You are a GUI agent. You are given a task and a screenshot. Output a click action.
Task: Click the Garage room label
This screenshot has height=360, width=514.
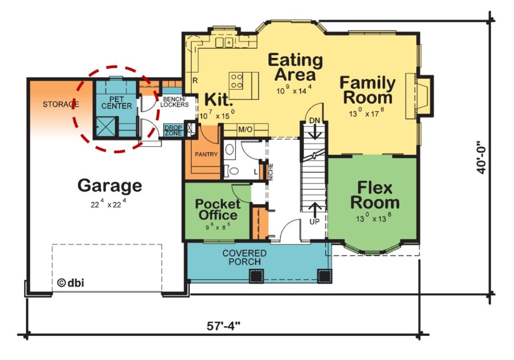[x=109, y=185]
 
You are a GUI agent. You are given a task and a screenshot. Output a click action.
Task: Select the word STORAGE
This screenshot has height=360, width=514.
[x=60, y=104]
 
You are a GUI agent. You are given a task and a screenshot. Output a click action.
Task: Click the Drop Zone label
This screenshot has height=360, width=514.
[x=173, y=130]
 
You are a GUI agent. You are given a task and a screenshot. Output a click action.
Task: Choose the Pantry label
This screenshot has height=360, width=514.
[x=206, y=154]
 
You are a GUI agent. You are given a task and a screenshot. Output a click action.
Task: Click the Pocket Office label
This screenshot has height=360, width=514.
[x=217, y=209]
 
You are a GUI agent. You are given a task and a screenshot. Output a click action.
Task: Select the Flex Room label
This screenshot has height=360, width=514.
[x=375, y=195]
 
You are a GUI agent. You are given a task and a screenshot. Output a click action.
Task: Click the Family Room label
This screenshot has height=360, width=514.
[x=367, y=90]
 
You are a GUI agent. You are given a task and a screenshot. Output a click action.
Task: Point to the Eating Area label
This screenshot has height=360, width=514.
[x=295, y=68]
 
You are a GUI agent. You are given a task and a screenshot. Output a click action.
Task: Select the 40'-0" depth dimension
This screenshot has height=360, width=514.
[x=483, y=156]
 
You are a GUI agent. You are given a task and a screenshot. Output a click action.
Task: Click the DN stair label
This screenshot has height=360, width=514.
[x=314, y=119]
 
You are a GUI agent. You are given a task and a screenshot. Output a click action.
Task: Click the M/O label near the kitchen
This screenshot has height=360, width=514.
[x=245, y=129]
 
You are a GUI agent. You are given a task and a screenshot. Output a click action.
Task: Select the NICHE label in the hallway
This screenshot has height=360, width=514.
[x=270, y=172]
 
